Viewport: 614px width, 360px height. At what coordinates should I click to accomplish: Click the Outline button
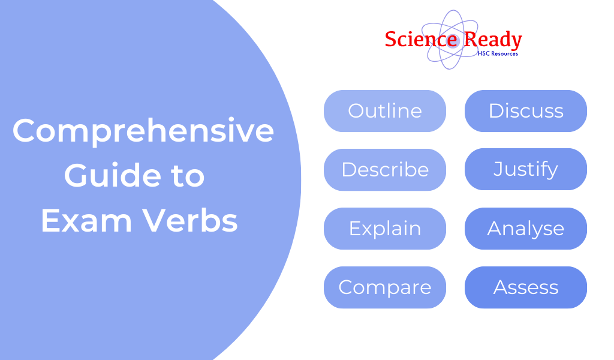[384, 111]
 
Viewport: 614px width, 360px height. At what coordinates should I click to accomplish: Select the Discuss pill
[525, 111]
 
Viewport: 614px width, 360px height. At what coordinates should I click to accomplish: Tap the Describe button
[384, 170]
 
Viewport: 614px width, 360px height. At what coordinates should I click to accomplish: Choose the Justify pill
[525, 170]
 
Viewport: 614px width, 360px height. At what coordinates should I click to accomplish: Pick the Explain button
[384, 229]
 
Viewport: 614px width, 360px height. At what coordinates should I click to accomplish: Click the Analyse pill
[525, 229]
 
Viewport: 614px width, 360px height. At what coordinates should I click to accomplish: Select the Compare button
[384, 287]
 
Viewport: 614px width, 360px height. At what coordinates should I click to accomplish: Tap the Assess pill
[525, 287]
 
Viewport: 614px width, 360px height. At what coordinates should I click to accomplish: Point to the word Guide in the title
[103, 176]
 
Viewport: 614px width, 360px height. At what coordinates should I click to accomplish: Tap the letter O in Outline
[355, 111]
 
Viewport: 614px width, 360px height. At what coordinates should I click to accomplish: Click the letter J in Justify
[497, 170]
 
